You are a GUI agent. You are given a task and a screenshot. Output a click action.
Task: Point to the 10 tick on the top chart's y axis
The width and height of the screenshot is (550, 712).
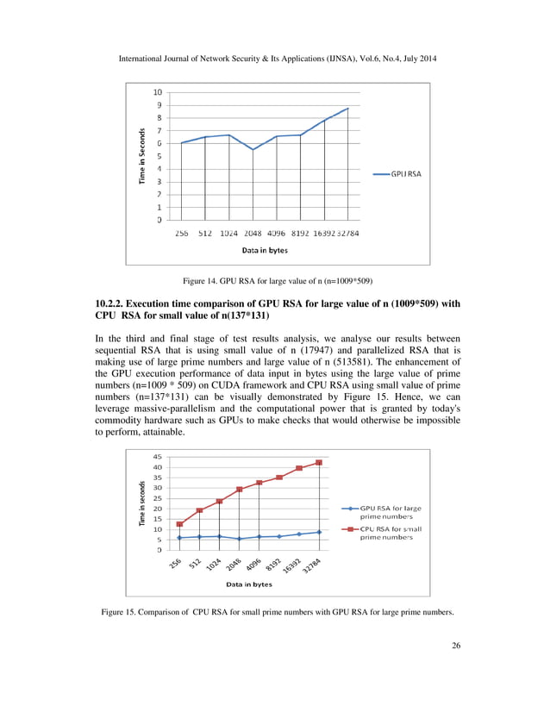click(157, 92)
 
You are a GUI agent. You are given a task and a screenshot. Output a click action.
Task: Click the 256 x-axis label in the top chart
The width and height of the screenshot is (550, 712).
click(182, 233)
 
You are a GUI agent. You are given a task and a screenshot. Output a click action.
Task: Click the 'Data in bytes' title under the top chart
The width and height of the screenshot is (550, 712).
click(264, 250)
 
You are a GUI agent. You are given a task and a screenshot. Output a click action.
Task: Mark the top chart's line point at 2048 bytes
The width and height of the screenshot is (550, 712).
click(253, 150)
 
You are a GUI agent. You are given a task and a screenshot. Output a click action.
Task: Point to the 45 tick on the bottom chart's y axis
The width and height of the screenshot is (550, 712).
click(157, 457)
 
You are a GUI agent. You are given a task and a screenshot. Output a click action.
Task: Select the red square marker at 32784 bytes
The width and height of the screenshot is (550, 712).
click(319, 463)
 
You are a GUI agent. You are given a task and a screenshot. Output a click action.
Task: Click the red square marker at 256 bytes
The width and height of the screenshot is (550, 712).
click(179, 524)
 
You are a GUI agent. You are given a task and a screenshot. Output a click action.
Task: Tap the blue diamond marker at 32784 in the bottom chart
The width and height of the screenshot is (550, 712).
click(319, 532)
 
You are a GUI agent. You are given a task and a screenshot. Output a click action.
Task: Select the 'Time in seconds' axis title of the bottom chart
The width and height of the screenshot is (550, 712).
click(141, 503)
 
